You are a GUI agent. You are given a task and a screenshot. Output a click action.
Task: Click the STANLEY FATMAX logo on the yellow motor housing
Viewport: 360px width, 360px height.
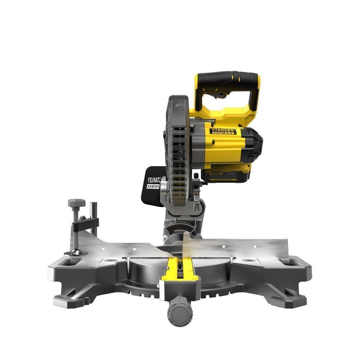click(224, 131)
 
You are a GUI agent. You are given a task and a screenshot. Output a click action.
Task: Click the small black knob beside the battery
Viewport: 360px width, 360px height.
click(195, 175)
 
